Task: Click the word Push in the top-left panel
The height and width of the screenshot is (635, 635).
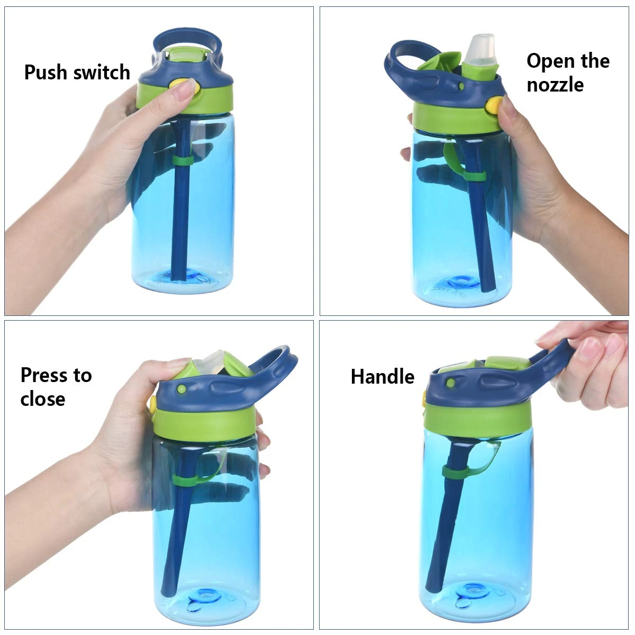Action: [x=46, y=72]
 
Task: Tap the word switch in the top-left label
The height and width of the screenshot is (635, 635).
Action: [x=102, y=72]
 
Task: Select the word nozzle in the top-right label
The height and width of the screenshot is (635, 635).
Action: [x=555, y=85]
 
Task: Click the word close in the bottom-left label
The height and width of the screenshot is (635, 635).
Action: [x=42, y=399]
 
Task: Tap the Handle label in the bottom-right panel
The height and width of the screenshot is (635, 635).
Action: [x=382, y=376]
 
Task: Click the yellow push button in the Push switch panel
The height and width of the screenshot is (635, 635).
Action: [x=185, y=86]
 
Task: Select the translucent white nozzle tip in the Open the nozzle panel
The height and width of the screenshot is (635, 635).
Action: [x=482, y=49]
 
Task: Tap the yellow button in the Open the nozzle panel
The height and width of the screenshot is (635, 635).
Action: [x=494, y=105]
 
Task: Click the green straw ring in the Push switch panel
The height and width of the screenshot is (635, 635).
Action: [x=182, y=161]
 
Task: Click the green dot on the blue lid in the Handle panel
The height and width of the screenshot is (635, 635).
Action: [x=451, y=383]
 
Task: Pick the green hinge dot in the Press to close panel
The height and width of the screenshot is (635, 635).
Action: [x=182, y=389]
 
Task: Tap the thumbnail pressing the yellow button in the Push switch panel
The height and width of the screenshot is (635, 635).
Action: [x=183, y=92]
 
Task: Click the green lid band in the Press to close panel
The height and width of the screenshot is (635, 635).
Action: [x=204, y=423]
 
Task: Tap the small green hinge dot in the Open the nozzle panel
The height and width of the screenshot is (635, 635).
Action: [x=461, y=86]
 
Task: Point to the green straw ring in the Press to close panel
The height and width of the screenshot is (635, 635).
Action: [x=185, y=480]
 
